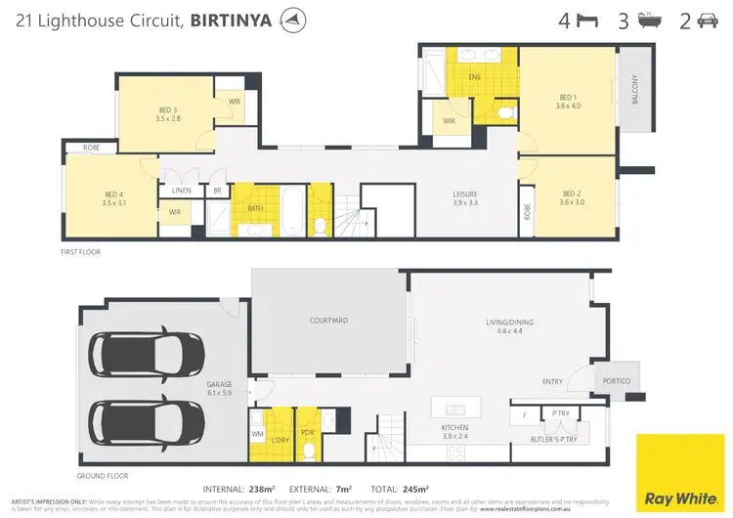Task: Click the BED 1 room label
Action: (x=568, y=98)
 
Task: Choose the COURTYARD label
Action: (x=328, y=320)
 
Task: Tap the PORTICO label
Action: (x=617, y=380)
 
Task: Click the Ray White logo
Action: (x=682, y=471)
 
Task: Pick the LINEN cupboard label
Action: (x=181, y=191)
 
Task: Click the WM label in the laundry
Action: (x=259, y=433)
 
